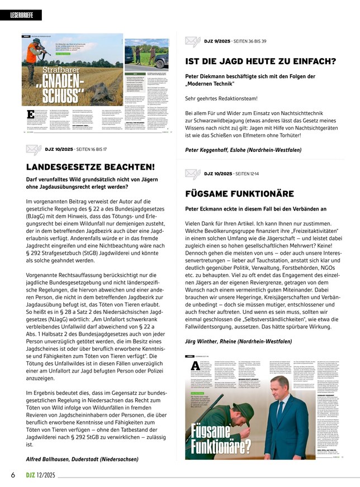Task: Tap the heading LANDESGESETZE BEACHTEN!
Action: coord(91,166)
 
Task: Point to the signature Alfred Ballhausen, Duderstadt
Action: coord(82,459)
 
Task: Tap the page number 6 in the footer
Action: coord(12,475)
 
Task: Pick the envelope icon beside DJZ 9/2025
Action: coord(192,41)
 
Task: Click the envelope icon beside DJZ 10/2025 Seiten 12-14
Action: coord(192,174)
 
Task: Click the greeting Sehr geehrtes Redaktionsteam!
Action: coord(221,99)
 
